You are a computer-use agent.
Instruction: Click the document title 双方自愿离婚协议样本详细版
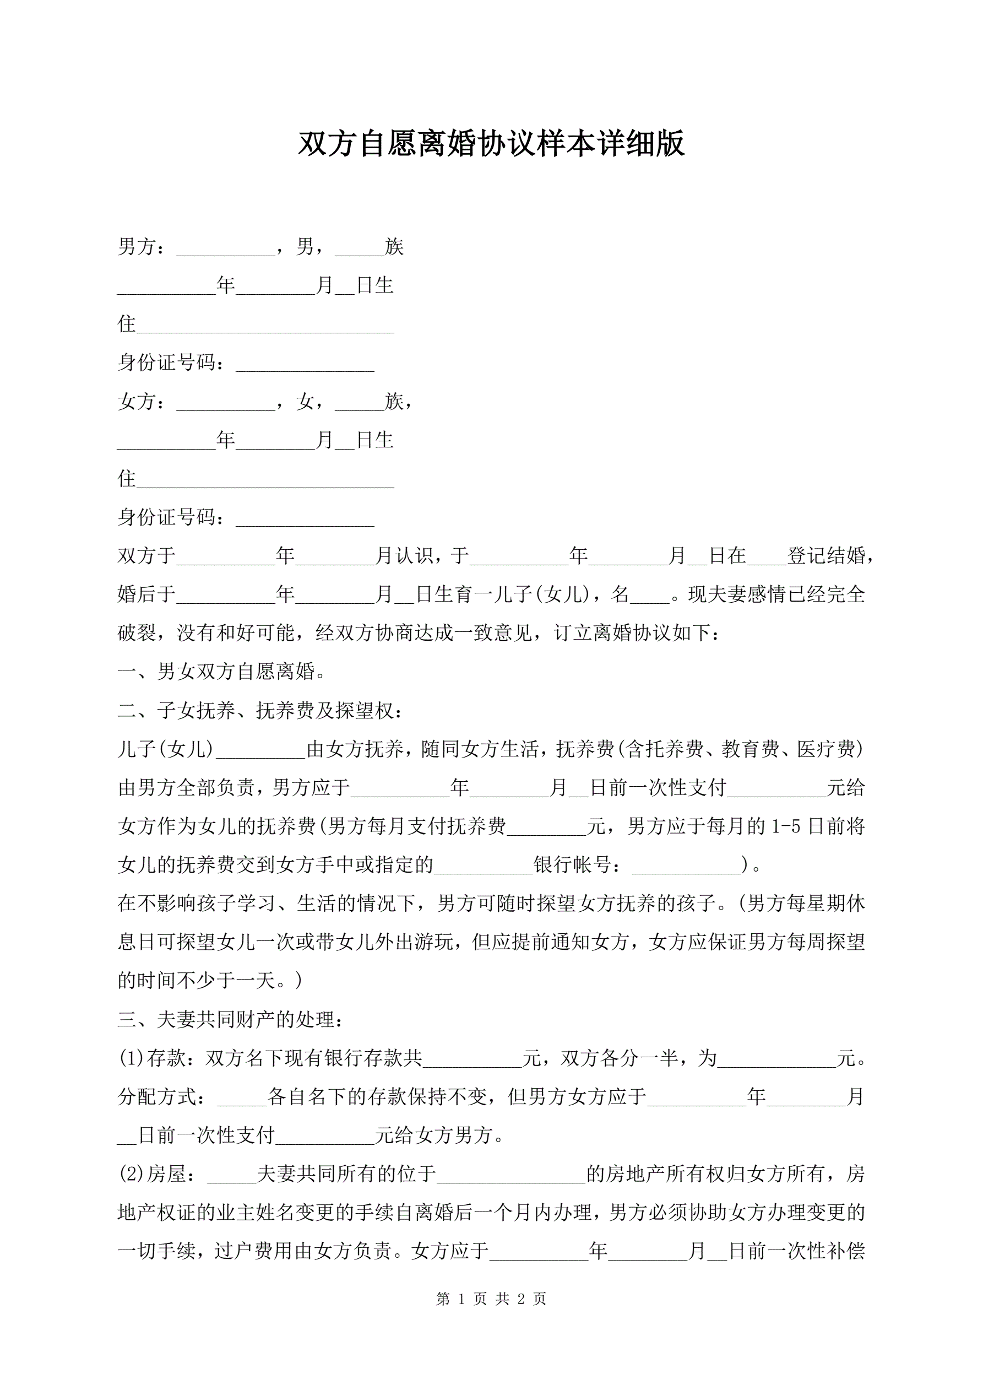[491, 144]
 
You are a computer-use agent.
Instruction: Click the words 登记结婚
[825, 556]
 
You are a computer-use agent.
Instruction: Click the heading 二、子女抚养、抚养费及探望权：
[260, 710]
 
